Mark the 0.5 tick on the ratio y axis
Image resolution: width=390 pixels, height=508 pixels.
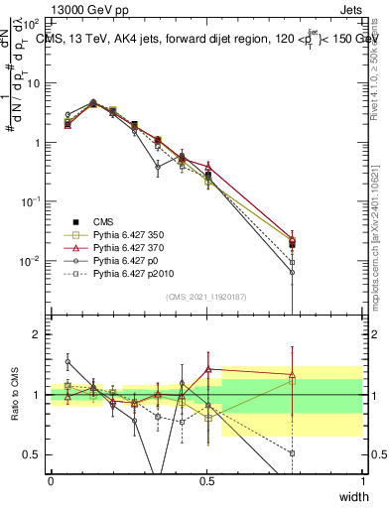[32, 454]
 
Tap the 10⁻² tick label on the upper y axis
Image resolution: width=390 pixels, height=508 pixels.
[31, 261]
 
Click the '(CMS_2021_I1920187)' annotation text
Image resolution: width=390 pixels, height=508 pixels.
[205, 297]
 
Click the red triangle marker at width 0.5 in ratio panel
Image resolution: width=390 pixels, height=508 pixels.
[207, 369]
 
